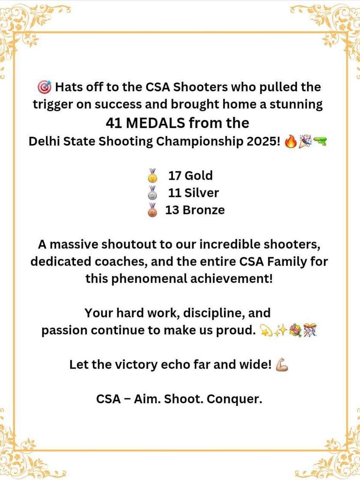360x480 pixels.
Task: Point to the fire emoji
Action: (290, 141)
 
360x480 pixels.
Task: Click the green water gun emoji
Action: (320, 141)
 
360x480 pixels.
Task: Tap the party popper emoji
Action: (305, 141)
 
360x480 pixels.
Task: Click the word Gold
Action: (198, 175)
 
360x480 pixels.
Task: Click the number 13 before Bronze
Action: (173, 210)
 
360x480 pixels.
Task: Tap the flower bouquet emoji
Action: (295, 330)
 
